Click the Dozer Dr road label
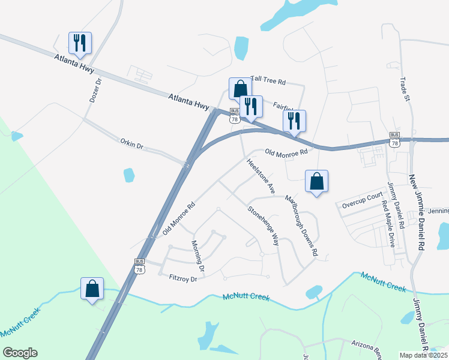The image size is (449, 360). click(94, 89)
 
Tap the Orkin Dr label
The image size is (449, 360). click(132, 145)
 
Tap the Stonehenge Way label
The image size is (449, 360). click(264, 226)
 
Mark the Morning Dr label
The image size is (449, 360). click(198, 255)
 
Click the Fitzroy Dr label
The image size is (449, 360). click(183, 278)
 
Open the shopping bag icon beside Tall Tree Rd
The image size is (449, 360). click(240, 88)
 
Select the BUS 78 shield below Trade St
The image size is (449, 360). click(394, 139)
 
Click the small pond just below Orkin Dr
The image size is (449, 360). click(128, 175)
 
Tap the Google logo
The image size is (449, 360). click(20, 353)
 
